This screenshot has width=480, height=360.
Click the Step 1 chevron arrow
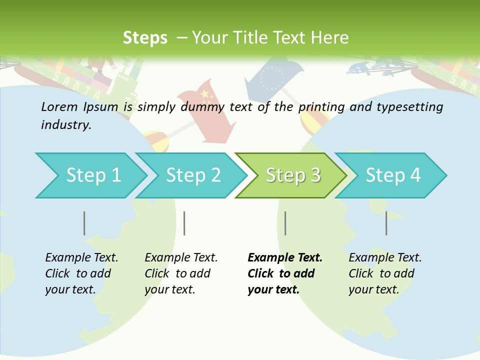point(93,175)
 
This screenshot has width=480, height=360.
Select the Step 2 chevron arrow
point(193,175)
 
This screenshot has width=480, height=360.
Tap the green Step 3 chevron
point(293,175)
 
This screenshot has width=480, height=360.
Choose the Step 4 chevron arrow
point(393,175)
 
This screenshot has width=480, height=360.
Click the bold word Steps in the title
point(145,37)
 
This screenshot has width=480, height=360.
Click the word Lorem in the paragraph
point(59,106)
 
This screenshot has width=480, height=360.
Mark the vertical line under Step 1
point(84,223)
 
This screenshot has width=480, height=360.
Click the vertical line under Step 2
point(184,223)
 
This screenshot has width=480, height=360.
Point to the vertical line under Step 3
point(285,223)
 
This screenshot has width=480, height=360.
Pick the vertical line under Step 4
point(386,223)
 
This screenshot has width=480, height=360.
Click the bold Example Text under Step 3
point(285,257)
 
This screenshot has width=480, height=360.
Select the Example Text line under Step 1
point(81,257)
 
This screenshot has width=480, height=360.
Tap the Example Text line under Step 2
point(181,257)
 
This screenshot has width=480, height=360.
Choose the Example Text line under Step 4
point(385,257)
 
